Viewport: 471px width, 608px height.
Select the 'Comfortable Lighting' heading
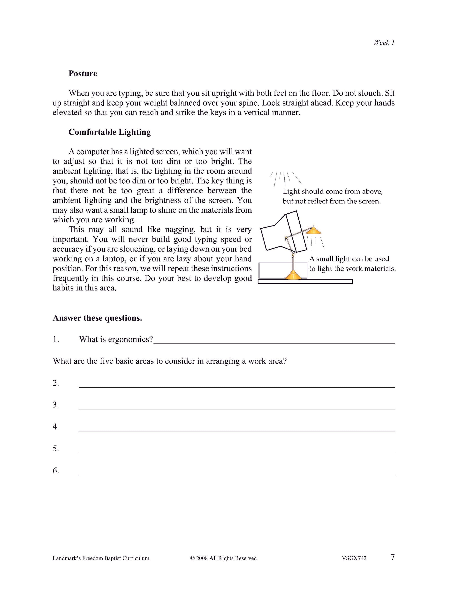coord(109,132)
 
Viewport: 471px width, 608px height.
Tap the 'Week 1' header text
coord(384,43)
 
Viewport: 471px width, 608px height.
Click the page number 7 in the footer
coord(392,557)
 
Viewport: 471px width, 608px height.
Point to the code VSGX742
coord(354,558)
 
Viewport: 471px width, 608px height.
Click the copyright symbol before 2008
coord(192,558)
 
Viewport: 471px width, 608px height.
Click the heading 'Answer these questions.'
coord(97,318)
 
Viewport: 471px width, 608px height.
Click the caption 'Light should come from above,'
coord(333,192)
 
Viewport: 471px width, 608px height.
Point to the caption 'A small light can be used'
coord(349,259)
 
